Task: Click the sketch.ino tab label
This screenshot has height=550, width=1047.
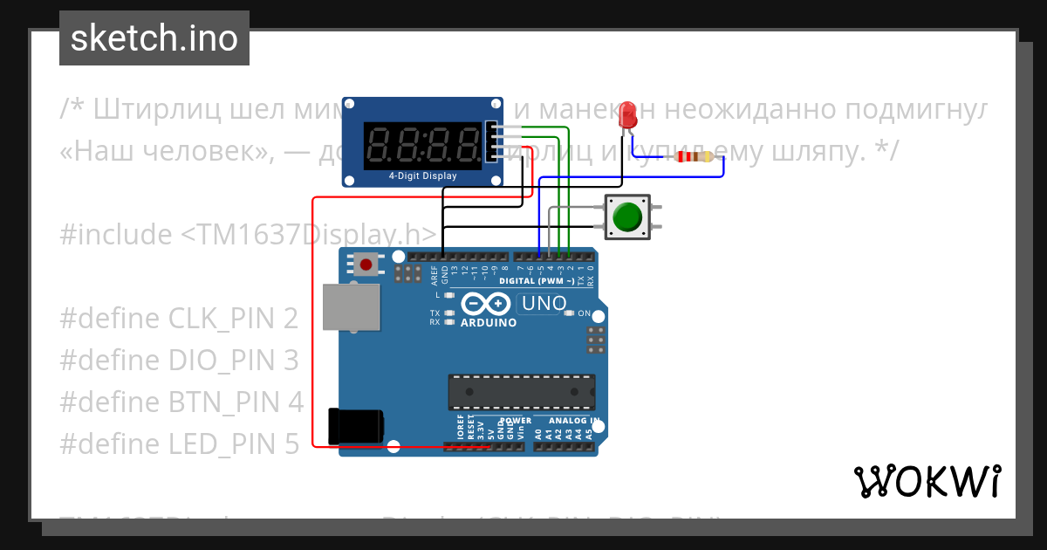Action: (154, 38)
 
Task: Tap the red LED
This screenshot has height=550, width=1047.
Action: (626, 120)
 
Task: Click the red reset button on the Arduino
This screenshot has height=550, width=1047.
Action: (366, 264)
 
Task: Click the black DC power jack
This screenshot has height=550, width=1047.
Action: (354, 425)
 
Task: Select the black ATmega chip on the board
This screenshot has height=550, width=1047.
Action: (522, 392)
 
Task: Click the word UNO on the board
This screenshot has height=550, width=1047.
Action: (543, 304)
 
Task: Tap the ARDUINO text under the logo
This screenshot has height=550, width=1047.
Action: (489, 322)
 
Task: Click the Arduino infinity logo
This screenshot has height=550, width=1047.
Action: (486, 303)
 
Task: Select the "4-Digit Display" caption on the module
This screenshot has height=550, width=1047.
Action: (422, 175)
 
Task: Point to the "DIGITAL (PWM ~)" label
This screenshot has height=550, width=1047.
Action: (537, 281)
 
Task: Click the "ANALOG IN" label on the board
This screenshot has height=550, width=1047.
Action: (574, 421)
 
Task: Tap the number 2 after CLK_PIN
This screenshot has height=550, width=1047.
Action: (291, 319)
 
